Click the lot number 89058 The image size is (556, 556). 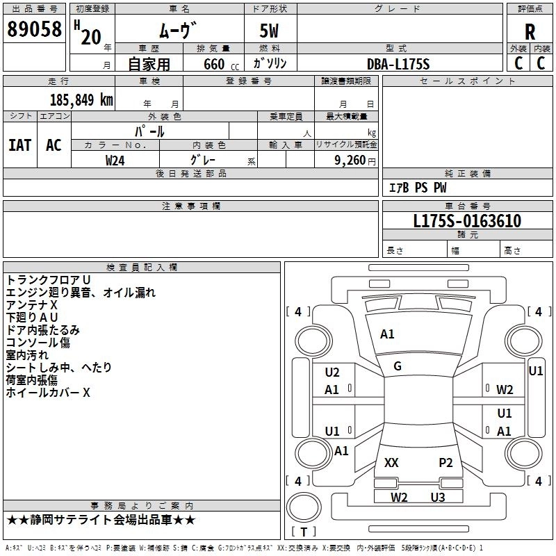pos(33,30)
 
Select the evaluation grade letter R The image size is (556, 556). pos(530,32)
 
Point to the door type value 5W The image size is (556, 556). pos(270,31)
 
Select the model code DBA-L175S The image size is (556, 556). pos(398,64)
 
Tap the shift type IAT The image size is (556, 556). pos(19,145)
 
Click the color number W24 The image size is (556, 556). pos(115,160)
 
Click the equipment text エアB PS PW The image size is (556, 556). pos(417,188)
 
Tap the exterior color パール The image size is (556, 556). pos(149,131)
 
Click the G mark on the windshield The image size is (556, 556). pos(398,366)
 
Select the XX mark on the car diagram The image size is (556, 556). pos(391,462)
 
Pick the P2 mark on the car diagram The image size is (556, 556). pos(445,462)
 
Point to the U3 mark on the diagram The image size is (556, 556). pos(437,496)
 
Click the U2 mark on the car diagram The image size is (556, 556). pos(332,373)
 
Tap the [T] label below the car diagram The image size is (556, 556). pos(304,532)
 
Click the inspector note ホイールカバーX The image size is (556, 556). pos(48,393)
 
